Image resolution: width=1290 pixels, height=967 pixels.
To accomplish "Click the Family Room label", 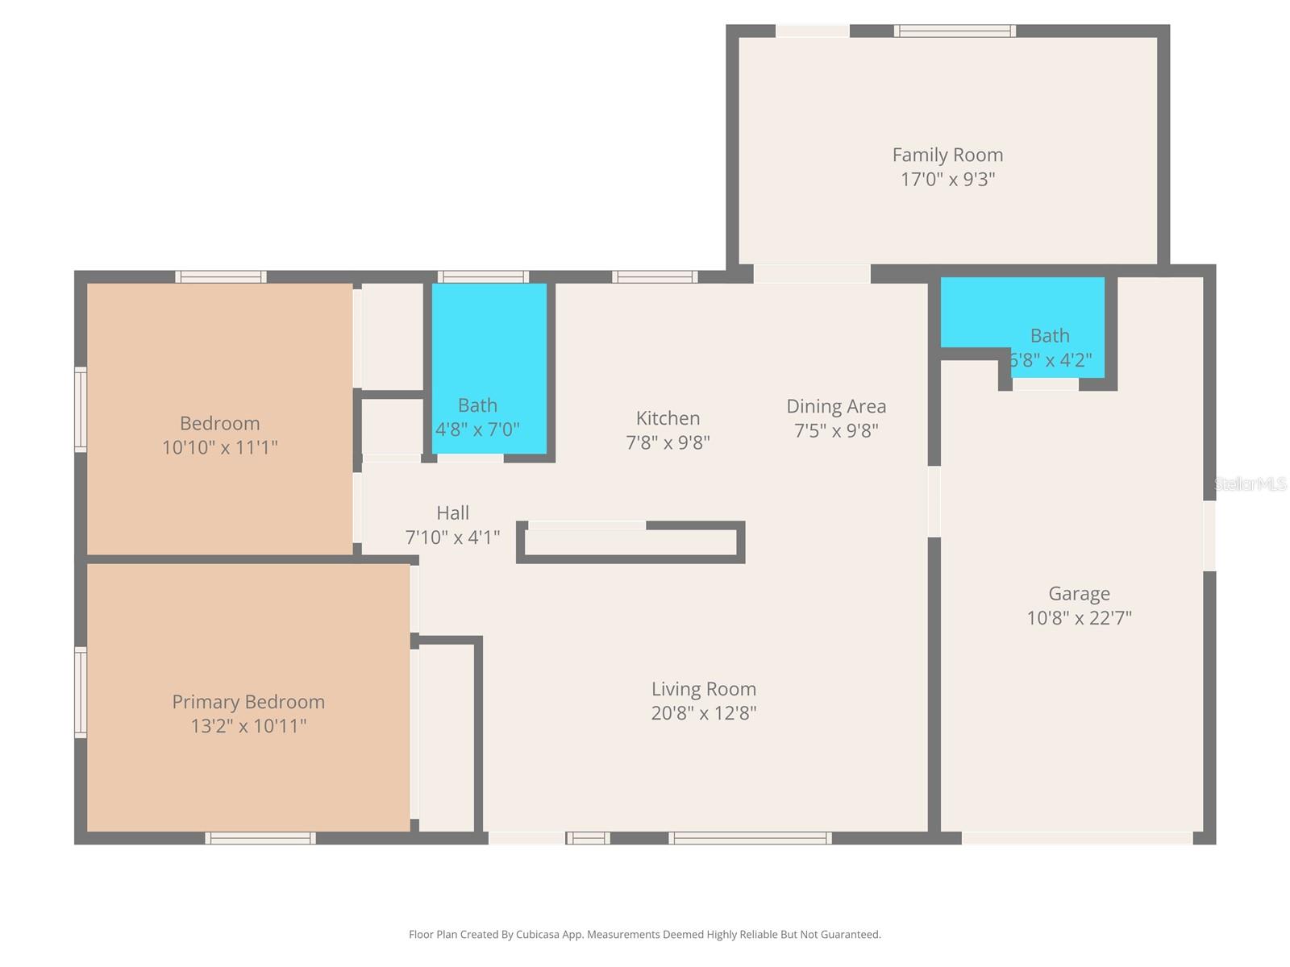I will point(947,155).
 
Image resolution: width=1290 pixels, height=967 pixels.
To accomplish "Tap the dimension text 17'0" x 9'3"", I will point(947,179).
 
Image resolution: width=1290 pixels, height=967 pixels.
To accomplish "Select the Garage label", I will point(1079,594).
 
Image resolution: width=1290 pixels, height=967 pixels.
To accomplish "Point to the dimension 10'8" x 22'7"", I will point(1079,618).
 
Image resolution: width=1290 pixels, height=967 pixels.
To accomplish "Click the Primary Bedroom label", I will point(248,702).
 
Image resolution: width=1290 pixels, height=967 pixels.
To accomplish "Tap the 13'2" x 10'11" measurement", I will point(248,726).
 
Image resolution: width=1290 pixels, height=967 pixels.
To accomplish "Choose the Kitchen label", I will point(668,418).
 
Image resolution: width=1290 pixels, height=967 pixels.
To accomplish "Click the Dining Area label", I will point(836,406).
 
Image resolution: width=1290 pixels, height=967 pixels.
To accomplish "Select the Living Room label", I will point(704,689).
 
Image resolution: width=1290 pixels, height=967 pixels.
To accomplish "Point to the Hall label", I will point(452,513).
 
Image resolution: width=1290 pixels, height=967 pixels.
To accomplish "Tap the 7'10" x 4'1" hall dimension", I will point(452,537).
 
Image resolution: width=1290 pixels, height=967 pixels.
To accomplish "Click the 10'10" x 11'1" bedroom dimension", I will point(219,447).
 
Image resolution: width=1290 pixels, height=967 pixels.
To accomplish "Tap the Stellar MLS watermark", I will point(1250,484).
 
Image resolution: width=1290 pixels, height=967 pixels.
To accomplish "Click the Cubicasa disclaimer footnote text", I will point(644,935).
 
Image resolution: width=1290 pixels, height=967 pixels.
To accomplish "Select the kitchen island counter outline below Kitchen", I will point(630,542).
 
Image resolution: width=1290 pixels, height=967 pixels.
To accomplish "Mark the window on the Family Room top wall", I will point(955,31).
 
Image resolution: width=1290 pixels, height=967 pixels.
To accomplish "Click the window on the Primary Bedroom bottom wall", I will point(260,838).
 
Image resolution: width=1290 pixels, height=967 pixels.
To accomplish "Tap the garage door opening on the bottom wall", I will point(1076,838).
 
